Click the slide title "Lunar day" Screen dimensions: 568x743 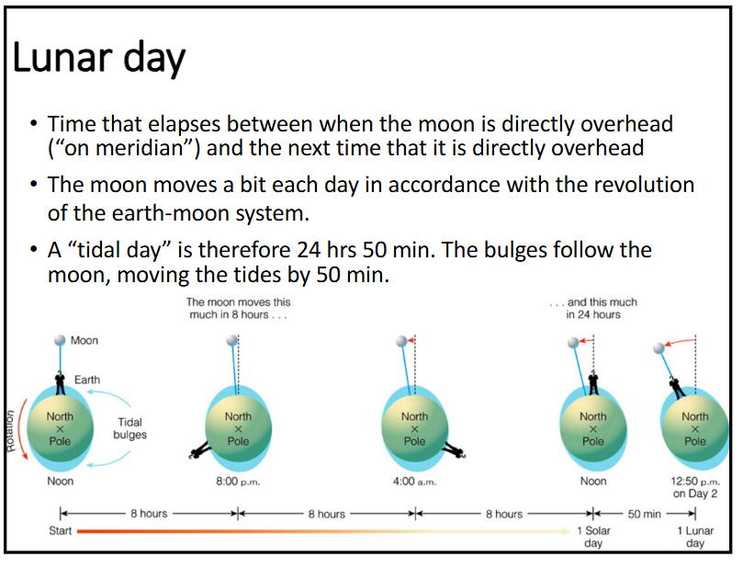pos(98,59)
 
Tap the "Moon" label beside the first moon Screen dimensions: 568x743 pos(84,340)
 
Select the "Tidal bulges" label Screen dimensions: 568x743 pos(129,428)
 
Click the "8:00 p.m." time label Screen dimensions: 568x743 pos(238,481)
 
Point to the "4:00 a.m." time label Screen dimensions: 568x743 pos(415,481)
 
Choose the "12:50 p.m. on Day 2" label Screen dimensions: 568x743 pos(695,486)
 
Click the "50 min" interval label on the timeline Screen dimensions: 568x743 pos(645,514)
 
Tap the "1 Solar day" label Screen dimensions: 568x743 pos(593,537)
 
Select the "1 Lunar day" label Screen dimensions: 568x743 pos(695,537)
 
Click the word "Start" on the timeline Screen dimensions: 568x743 pos(61,531)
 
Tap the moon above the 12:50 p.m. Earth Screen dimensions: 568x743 pos(659,348)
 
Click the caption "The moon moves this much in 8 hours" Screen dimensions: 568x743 pos(238,308)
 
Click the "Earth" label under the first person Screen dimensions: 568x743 pos(87,380)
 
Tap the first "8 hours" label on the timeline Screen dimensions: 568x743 pos(149,514)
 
